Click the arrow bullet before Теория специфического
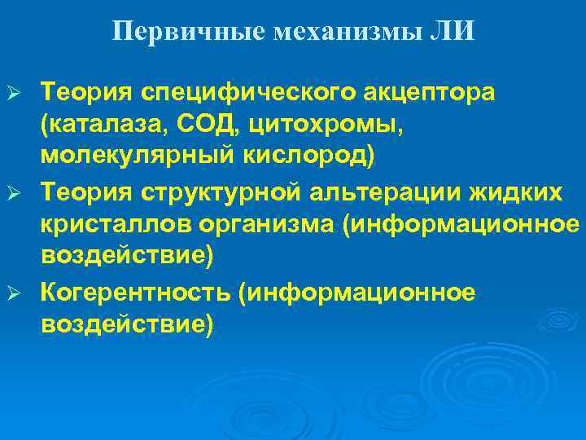click(12, 93)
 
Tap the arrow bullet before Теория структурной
click(12, 192)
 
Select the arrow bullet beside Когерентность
click(12, 292)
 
